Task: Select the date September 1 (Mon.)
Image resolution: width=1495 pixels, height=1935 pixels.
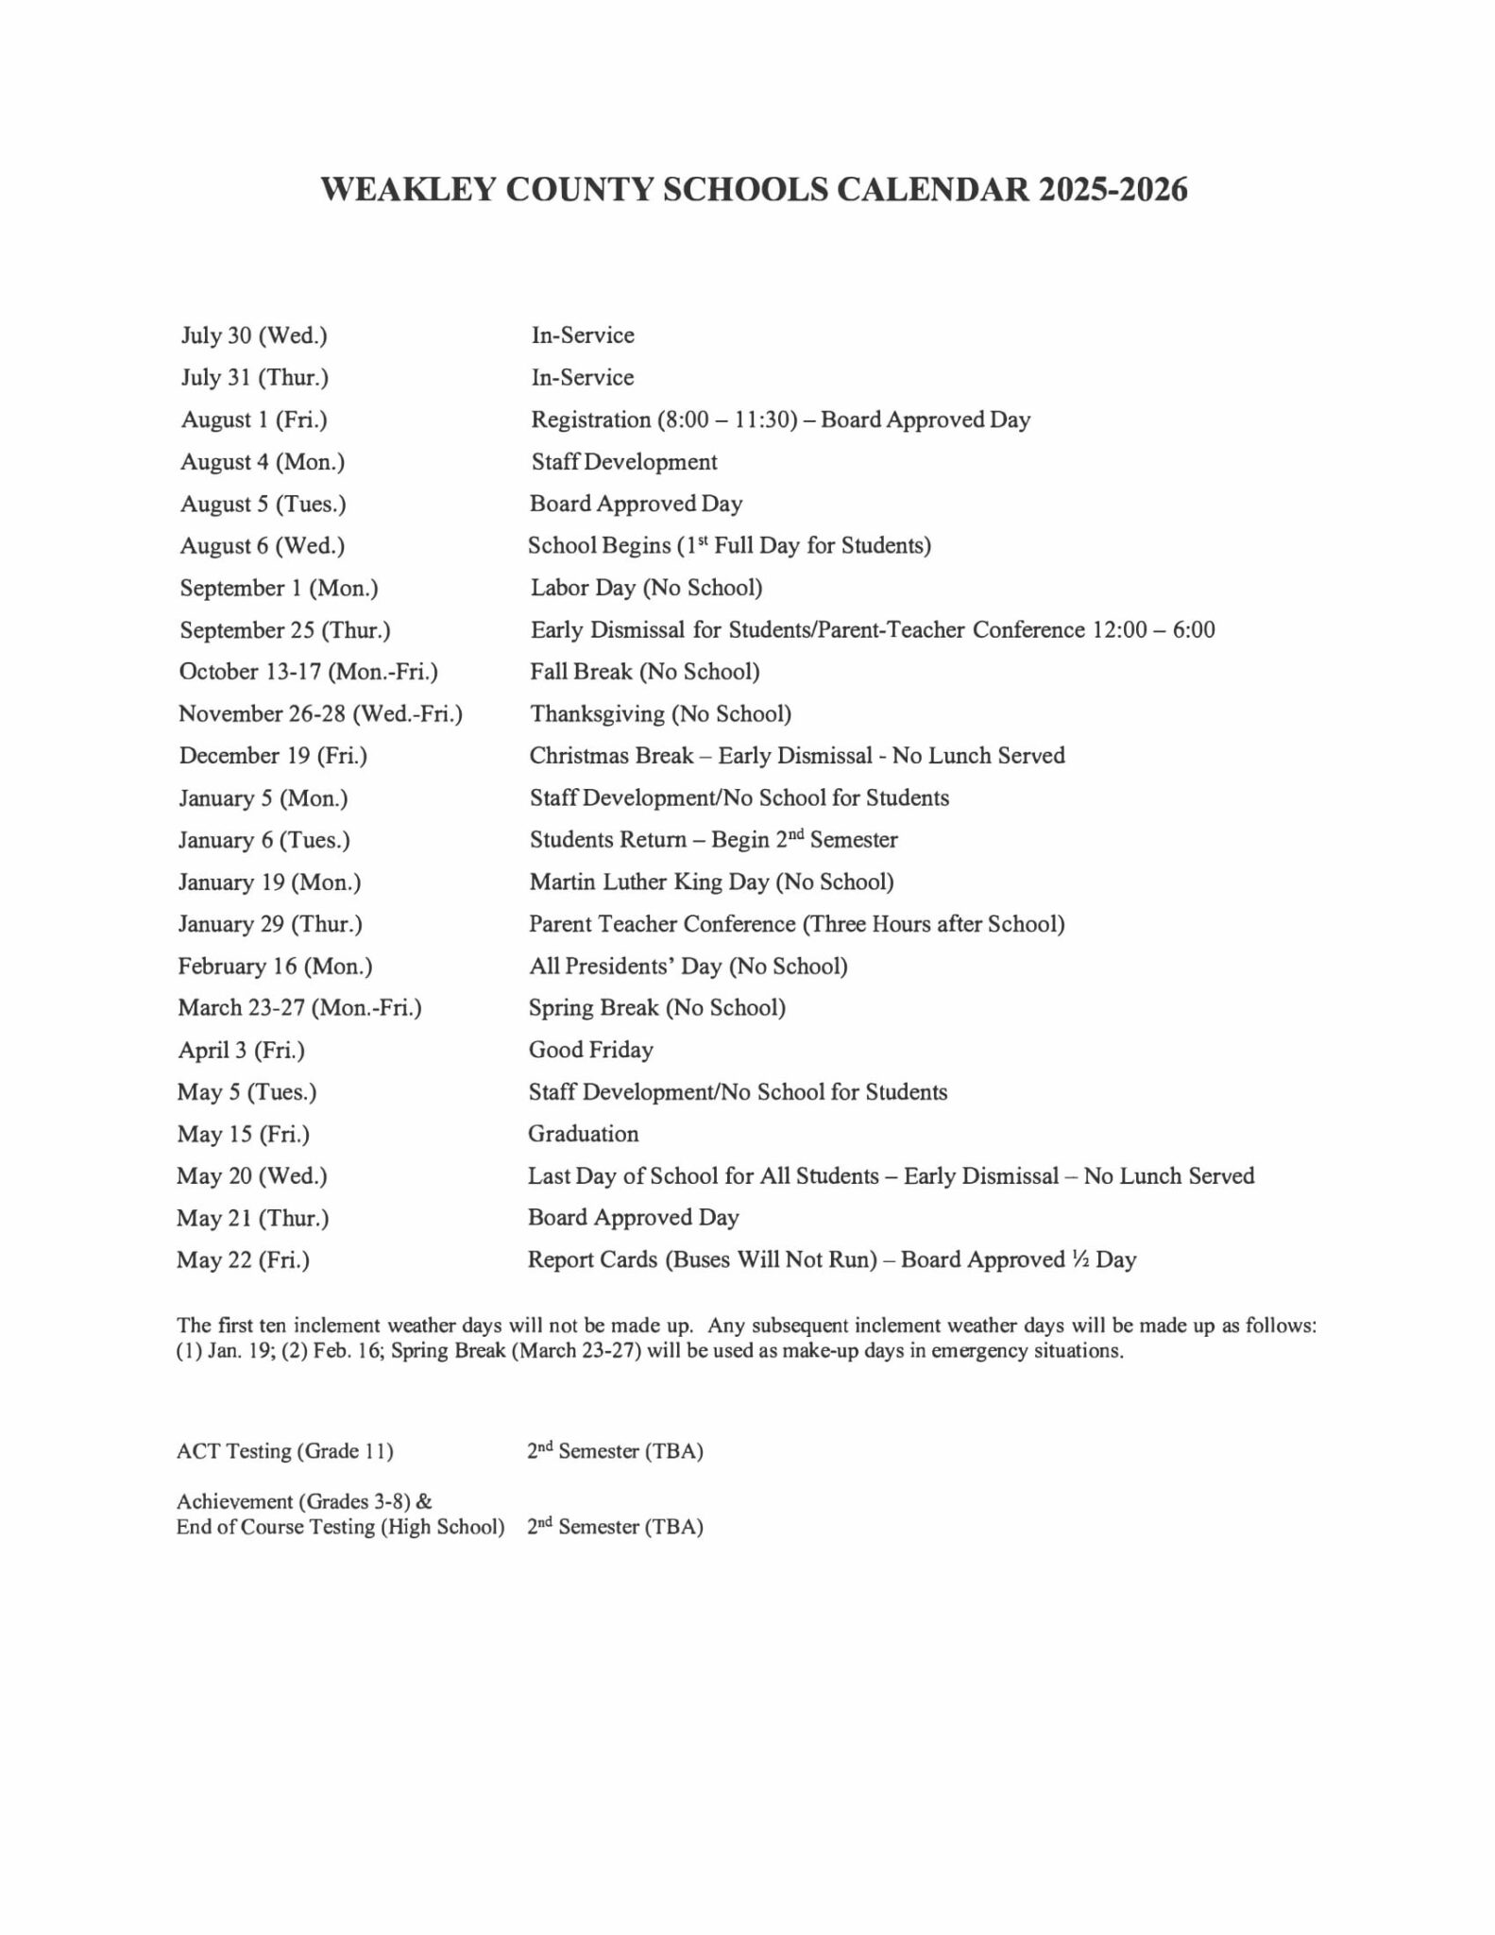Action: pyautogui.click(x=279, y=588)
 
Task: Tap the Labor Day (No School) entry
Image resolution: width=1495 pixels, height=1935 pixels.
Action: pyautogui.click(x=646, y=588)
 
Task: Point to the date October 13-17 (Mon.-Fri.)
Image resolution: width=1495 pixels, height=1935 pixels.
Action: pyautogui.click(x=309, y=672)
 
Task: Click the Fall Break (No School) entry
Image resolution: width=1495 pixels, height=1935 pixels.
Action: pyautogui.click(x=644, y=672)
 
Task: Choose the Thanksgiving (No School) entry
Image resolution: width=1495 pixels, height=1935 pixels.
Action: pyautogui.click(x=660, y=713)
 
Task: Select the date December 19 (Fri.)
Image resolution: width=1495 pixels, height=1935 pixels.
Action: pyautogui.click(x=273, y=756)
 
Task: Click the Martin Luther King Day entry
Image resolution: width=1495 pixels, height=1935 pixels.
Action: pyautogui.click(x=711, y=882)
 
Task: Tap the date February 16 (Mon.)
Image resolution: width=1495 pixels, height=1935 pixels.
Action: pyautogui.click(x=275, y=966)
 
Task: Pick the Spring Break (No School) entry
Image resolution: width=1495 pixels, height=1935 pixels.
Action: pyautogui.click(x=656, y=1008)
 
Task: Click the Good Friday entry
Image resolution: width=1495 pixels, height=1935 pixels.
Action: pyautogui.click(x=590, y=1050)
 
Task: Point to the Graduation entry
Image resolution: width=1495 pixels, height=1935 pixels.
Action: pyautogui.click(x=583, y=1134)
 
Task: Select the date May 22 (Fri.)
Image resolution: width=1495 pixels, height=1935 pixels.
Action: pyautogui.click(x=243, y=1259)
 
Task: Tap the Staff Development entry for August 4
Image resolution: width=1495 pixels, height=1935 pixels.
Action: pyautogui.click(x=623, y=462)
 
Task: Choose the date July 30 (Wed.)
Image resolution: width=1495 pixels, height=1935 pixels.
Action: pyautogui.click(x=254, y=335)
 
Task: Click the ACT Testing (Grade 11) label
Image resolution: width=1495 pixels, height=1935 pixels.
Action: pyautogui.click(x=284, y=1450)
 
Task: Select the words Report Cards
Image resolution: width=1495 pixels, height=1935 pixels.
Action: pyautogui.click(x=592, y=1259)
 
